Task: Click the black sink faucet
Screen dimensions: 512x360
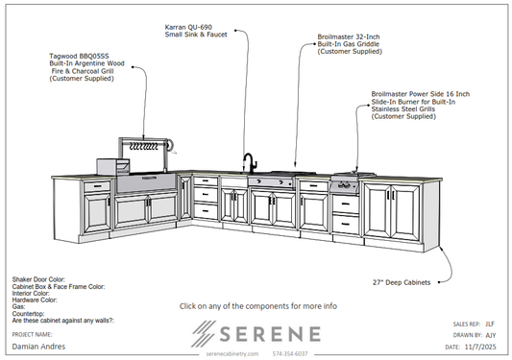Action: click(x=247, y=162)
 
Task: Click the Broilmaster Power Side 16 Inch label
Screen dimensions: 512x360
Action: click(x=420, y=105)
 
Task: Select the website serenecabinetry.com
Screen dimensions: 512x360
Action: click(x=233, y=353)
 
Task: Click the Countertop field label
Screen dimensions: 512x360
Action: click(x=29, y=312)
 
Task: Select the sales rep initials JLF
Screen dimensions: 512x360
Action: click(x=489, y=324)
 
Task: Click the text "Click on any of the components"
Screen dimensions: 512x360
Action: click(x=257, y=306)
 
